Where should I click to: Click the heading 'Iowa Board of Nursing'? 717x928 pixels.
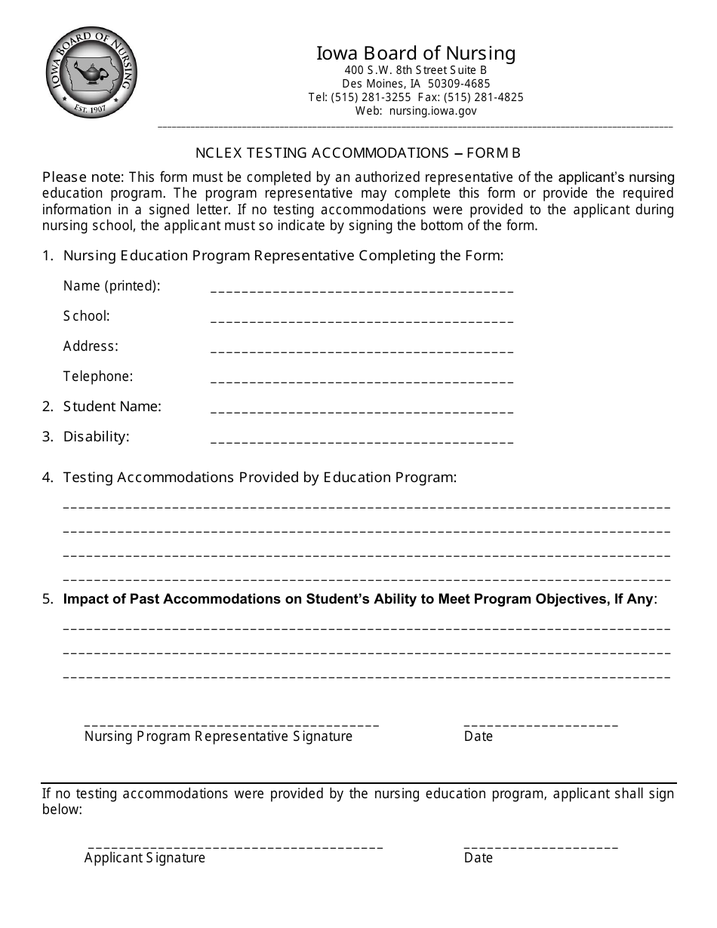click(416, 53)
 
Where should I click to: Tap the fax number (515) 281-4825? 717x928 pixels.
click(483, 97)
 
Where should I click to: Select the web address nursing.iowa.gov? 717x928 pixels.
click(433, 111)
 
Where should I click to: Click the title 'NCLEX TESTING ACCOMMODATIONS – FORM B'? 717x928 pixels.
click(358, 153)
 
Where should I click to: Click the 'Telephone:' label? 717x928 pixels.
click(98, 376)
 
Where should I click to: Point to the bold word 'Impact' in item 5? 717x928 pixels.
click(85, 599)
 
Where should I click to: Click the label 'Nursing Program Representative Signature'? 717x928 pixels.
click(218, 736)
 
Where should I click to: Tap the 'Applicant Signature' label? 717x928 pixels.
click(145, 858)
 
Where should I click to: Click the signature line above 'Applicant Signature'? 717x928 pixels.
click(235, 846)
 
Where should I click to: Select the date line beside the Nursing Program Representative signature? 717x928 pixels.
click(540, 724)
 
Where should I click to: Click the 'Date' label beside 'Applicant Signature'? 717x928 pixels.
click(478, 858)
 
